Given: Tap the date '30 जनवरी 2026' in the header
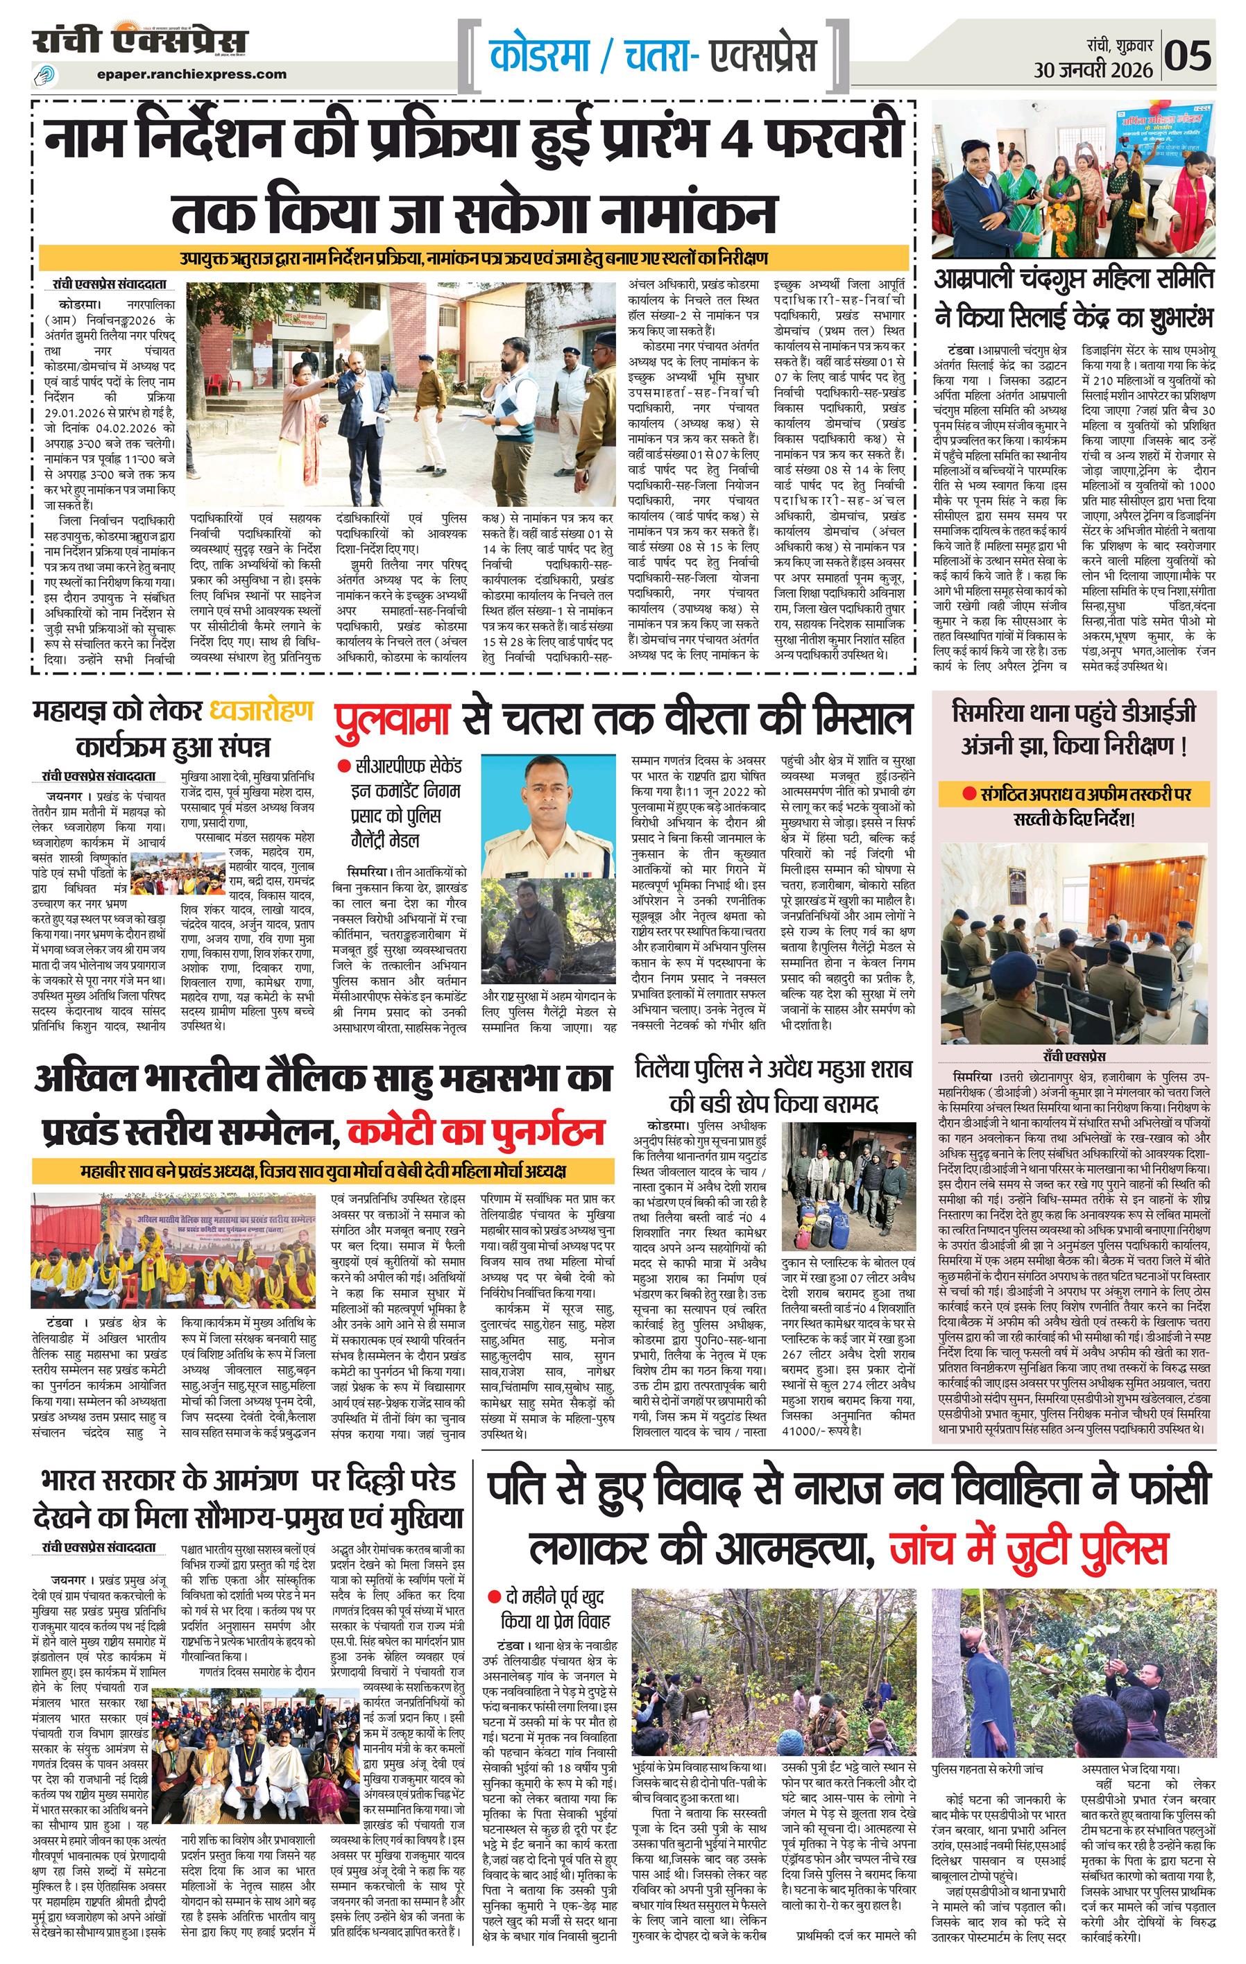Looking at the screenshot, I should [x=1093, y=70].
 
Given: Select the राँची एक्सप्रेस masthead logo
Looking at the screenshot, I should [x=140, y=41].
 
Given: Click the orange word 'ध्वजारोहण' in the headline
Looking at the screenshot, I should [x=261, y=710].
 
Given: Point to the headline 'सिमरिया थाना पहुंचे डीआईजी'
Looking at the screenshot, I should [x=1074, y=714].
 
